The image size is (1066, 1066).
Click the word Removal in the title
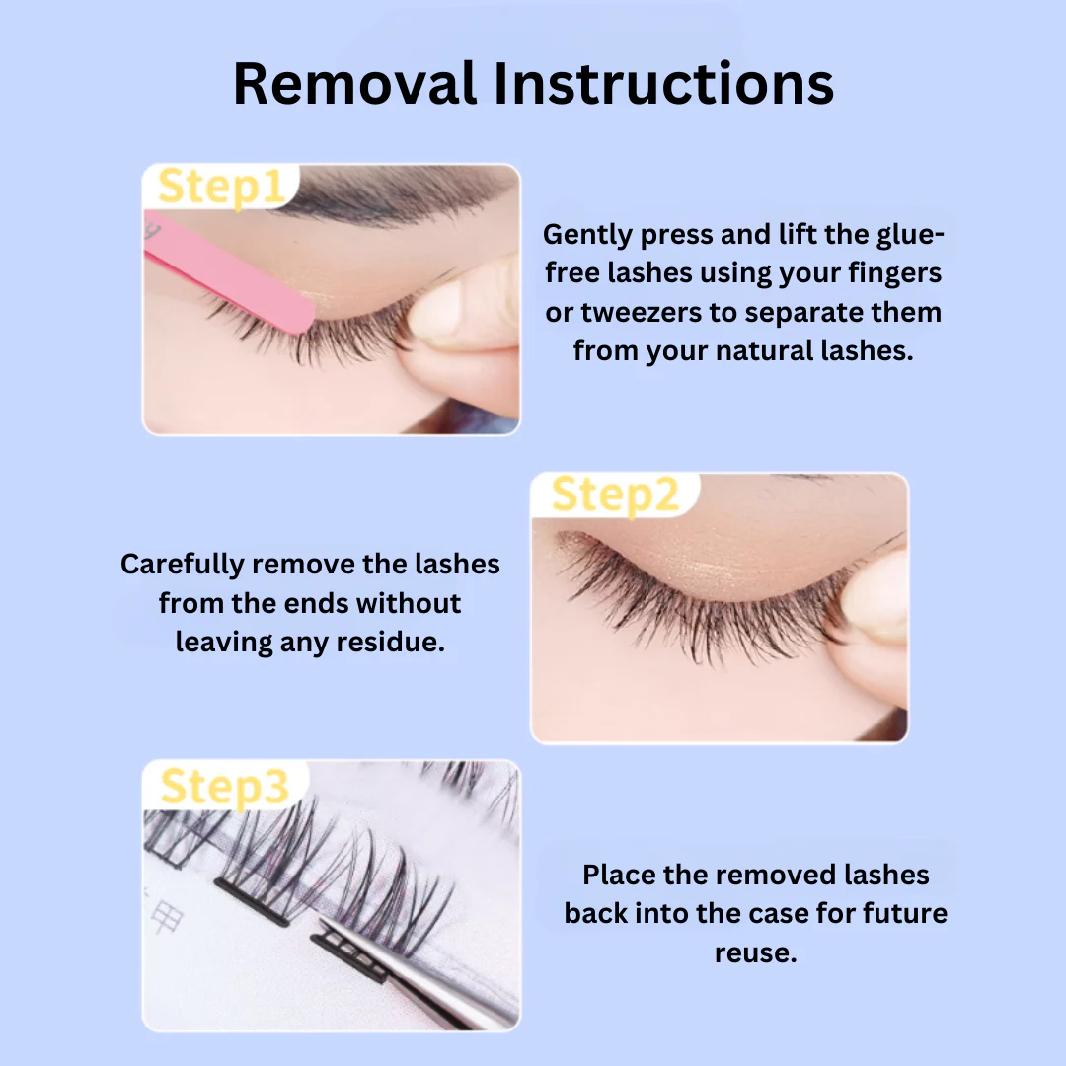pyautogui.click(x=354, y=84)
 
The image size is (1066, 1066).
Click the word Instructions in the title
pyautogui.click(x=663, y=84)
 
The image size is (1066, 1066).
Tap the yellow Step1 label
pyautogui.click(x=221, y=187)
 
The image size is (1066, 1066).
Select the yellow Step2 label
pyautogui.click(x=615, y=495)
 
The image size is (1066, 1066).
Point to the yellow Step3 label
pyautogui.click(x=224, y=787)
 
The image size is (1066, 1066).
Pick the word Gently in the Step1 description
pyautogui.click(x=588, y=235)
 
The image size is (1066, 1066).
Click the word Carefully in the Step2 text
pyautogui.click(x=183, y=565)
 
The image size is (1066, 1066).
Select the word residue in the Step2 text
pyautogui.click(x=391, y=643)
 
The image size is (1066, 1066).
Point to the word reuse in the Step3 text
pyautogui.click(x=755, y=953)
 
